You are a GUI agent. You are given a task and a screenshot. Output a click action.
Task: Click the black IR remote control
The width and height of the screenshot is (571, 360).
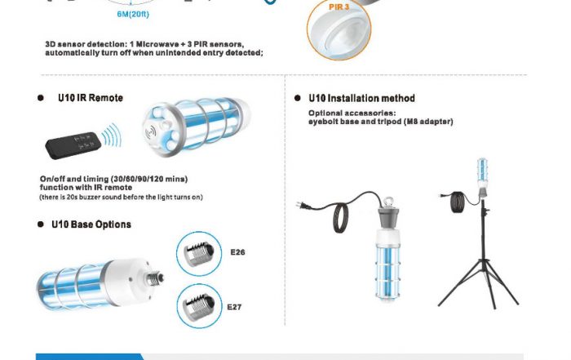point(73,144)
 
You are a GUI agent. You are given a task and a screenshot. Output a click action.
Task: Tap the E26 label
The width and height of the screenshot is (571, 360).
point(237,252)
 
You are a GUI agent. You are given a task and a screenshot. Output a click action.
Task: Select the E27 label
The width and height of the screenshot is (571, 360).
point(234,307)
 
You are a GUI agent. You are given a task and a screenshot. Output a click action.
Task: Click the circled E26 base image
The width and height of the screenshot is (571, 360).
point(199,254)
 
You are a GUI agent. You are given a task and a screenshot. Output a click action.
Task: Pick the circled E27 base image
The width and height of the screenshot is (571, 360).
point(199,305)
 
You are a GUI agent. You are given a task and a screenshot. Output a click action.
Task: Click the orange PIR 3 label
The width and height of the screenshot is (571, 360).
point(339,7)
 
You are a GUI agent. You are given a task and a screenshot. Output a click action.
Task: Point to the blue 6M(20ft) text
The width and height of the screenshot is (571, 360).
point(133,14)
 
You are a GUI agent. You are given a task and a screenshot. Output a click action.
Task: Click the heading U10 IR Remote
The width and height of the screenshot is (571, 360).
point(91,98)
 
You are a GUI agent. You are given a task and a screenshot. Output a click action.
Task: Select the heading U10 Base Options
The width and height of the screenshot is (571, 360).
point(91,224)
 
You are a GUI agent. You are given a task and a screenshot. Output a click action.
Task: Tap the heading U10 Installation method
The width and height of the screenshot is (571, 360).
point(361,98)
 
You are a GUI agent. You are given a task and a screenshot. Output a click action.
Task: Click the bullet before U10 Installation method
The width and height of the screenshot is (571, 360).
point(298,98)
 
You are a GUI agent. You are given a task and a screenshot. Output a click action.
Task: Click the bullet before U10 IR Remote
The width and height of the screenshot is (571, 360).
point(41,98)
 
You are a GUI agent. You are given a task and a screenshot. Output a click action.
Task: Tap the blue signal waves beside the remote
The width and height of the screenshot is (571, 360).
point(111,136)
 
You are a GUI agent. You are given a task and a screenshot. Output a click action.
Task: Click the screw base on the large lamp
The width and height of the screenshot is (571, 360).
point(155,278)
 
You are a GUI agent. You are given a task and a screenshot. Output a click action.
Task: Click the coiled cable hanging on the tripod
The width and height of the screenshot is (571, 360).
point(458,202)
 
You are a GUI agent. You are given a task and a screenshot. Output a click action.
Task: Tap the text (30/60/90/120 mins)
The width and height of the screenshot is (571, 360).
point(149,179)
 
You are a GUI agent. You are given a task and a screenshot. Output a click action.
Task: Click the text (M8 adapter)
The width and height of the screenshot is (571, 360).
point(428,122)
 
